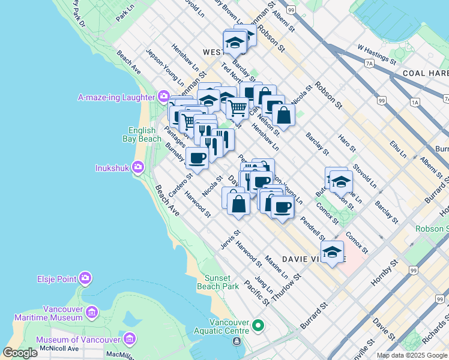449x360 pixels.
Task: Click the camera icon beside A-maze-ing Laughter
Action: click(x=163, y=97)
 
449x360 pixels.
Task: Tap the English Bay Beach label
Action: click(x=142, y=134)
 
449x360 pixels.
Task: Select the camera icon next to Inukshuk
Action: click(x=139, y=167)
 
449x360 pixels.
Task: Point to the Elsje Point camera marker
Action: click(x=85, y=278)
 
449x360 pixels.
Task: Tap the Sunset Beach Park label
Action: click(x=214, y=282)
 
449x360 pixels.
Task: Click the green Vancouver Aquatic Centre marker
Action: click(x=258, y=326)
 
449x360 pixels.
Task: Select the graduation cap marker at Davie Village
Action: click(x=332, y=252)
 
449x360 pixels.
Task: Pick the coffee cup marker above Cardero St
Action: click(x=197, y=157)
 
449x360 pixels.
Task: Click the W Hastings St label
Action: click(x=377, y=53)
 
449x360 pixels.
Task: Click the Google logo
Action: click(x=20, y=353)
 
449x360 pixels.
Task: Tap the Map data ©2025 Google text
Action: click(x=412, y=355)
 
